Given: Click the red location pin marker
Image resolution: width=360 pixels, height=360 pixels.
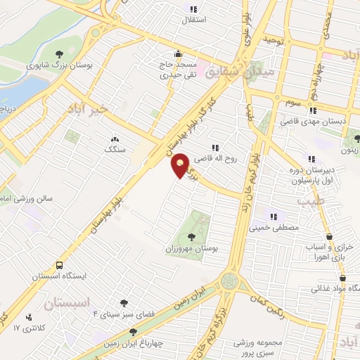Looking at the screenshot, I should (x=181, y=165).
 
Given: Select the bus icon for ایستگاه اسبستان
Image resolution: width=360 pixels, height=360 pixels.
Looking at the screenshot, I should (x=59, y=266).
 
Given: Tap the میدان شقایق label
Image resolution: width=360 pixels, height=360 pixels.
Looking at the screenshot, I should (x=239, y=71).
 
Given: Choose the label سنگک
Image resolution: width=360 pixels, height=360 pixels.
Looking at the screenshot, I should (x=114, y=149).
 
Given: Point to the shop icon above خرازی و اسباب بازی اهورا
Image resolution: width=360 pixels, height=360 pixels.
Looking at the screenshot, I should (x=330, y=238).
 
